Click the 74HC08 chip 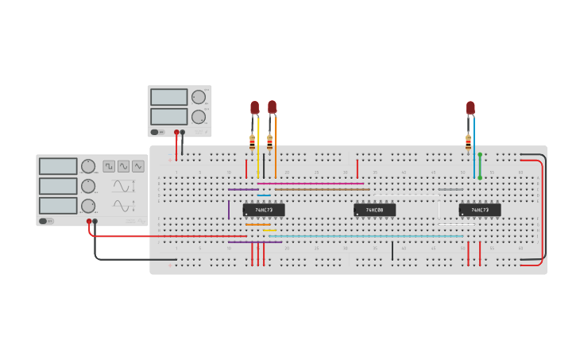point(374,210)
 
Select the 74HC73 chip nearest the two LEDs point(264,210)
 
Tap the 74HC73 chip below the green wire point(480,210)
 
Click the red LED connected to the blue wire point(470,107)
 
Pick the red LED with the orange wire point(273,106)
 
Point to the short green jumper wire point(480,166)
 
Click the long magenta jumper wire point(310,184)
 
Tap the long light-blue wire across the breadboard point(365,236)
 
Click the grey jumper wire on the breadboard point(450,190)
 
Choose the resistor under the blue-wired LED point(469,142)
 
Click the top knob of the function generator point(87,166)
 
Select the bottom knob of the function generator point(87,206)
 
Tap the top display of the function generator point(57,166)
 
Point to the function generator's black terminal point(95,221)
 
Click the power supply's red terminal point(176,132)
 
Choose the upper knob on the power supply point(198,97)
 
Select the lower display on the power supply point(169,117)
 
